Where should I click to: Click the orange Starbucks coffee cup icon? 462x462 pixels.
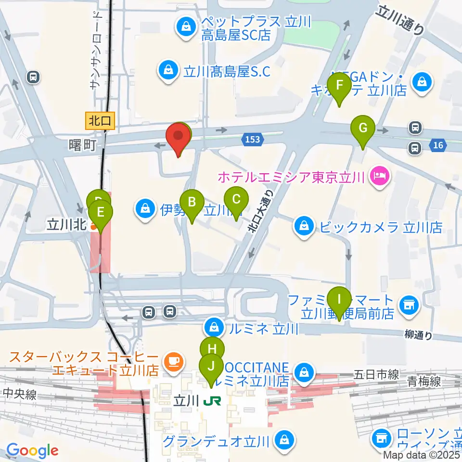coord(172,360)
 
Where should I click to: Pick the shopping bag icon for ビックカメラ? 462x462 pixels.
coord(304,226)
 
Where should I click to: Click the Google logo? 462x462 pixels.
coord(32,451)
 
